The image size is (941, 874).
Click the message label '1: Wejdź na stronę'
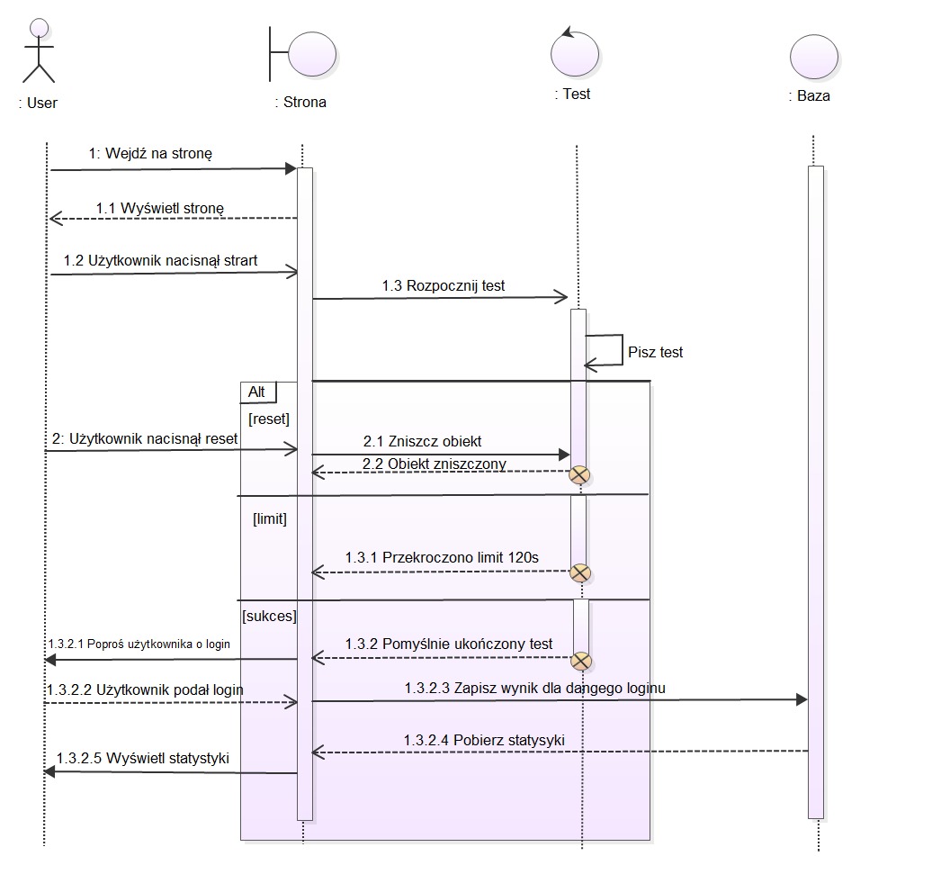150,154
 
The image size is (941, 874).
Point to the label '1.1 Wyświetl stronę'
160,208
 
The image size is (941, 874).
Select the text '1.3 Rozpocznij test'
443,286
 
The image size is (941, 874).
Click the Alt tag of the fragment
257,392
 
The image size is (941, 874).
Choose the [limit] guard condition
270,518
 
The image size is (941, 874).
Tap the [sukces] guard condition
269,617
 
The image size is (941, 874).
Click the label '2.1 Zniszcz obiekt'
422,441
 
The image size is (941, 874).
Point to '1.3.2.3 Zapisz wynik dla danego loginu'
534,688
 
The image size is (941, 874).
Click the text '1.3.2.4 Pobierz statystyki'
483,740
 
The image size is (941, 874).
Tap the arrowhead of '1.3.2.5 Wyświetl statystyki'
49,772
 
